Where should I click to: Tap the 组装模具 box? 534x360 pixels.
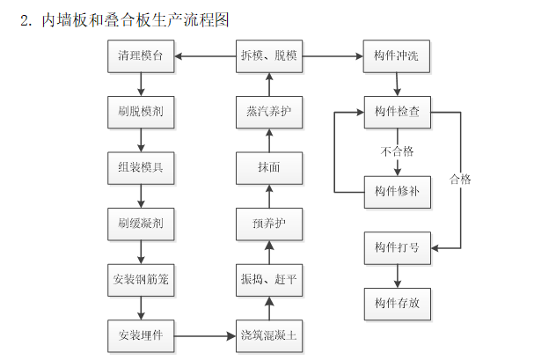tap(140, 167)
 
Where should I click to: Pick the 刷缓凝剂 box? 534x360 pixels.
tap(140, 223)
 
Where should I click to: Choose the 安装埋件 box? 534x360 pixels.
tap(140, 334)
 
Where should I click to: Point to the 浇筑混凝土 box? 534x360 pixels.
tap(268, 334)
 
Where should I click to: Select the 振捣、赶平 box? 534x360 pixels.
tap(268, 279)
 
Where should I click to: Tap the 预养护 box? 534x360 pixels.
tap(268, 224)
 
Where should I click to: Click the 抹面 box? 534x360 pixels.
tap(268, 167)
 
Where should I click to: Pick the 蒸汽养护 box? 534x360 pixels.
tap(268, 112)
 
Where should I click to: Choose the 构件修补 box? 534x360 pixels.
tap(397, 191)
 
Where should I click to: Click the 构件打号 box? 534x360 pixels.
tap(397, 248)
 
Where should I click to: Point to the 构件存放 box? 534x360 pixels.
tap(397, 304)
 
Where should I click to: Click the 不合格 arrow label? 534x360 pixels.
tap(397, 151)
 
